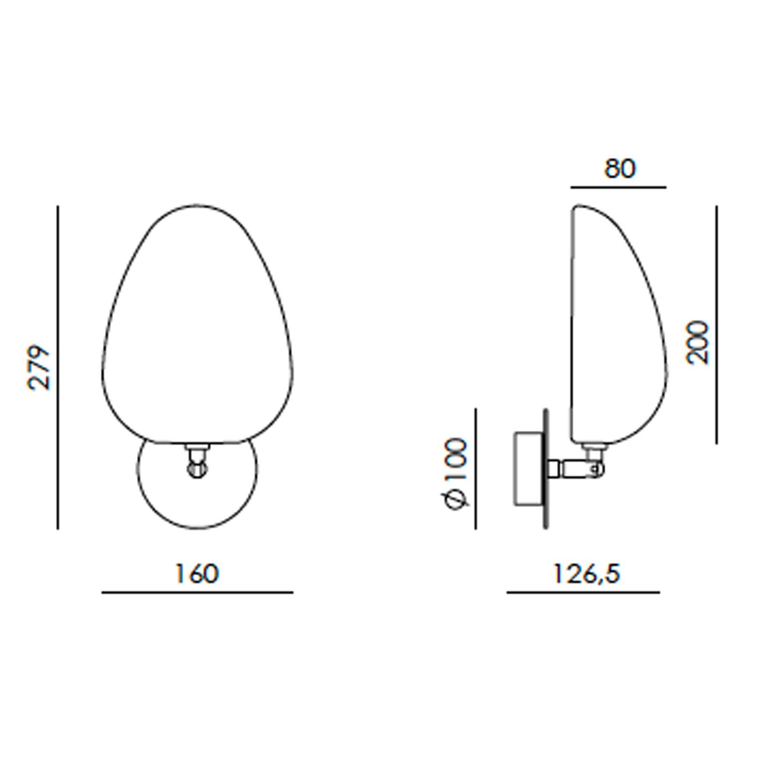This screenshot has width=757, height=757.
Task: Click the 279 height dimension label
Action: click(39, 368)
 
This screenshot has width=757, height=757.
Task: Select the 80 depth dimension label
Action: click(620, 169)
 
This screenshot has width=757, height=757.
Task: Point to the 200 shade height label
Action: click(697, 342)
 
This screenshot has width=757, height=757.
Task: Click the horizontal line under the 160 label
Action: click(197, 593)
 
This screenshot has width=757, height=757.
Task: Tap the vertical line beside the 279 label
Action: click(58, 367)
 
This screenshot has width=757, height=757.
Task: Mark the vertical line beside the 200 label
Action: click(717, 324)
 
